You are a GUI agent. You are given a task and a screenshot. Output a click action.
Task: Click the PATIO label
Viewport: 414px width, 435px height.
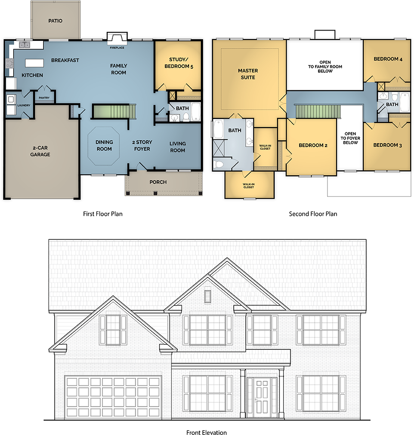tap(55, 21)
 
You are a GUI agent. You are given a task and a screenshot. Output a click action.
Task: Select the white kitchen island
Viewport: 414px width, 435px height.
tap(34, 63)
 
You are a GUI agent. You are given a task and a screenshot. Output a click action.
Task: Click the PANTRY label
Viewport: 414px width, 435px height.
tap(44, 98)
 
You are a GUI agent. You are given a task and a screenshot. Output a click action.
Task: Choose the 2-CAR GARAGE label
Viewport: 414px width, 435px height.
tap(40, 151)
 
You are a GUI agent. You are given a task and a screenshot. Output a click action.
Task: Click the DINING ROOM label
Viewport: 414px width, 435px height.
tap(104, 146)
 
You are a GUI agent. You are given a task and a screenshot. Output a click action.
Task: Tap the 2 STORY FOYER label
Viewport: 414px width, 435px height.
tap(142, 146)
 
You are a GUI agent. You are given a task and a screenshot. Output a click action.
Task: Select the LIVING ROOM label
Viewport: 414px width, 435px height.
tap(177, 147)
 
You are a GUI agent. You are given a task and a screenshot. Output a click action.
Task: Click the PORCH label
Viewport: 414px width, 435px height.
tap(158, 182)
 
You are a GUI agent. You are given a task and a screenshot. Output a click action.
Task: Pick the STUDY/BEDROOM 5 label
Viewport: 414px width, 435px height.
tap(179, 63)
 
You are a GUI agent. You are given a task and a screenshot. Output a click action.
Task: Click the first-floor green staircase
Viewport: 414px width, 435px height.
tap(111, 111)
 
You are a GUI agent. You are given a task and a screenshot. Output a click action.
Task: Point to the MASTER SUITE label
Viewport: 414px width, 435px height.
tap(248, 74)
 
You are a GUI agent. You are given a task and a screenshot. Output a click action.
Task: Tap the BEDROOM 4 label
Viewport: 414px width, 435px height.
tap(388, 59)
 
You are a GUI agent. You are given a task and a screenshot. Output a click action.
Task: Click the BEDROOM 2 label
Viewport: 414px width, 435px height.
tap(313, 145)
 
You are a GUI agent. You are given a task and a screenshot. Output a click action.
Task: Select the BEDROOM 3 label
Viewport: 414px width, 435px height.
tap(387, 145)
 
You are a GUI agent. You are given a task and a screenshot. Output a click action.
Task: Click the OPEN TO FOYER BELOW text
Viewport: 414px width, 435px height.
tap(350, 138)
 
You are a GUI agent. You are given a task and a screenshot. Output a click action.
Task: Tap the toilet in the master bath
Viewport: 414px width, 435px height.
tap(219, 163)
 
